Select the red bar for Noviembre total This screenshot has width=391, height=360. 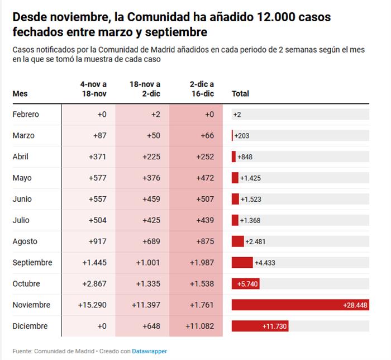point(300,305)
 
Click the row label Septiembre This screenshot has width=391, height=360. point(32,262)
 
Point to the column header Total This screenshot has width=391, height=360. point(240,93)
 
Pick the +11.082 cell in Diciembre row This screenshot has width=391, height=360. point(198,326)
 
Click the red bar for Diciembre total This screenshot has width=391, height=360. point(260,326)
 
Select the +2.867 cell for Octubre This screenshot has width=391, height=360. point(94,283)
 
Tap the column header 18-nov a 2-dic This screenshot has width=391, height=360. point(145,89)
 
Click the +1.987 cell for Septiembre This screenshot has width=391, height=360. point(202,262)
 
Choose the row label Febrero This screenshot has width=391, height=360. point(26,114)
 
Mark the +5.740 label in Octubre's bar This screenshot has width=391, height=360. point(247,283)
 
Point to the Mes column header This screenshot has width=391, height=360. point(20,93)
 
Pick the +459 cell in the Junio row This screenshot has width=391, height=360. point(151,198)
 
